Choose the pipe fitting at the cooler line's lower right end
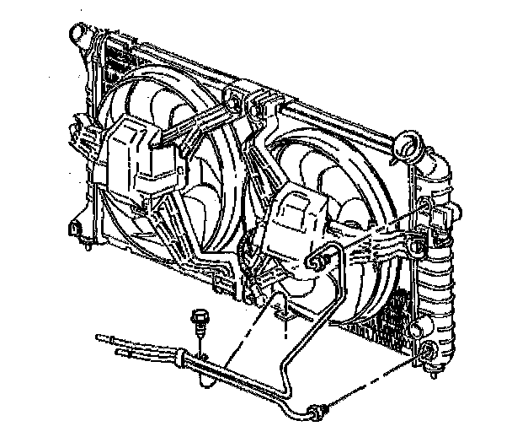coord(317,413)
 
